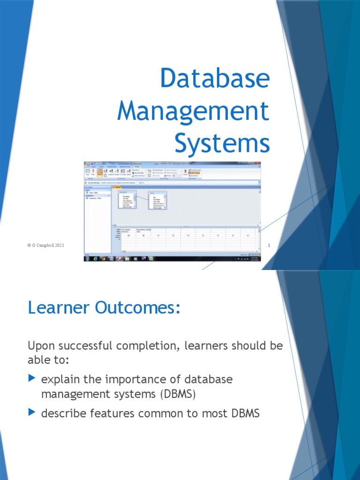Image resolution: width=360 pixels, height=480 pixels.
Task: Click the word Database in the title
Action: coord(215,79)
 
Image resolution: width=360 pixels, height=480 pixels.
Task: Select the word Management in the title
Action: coord(193,111)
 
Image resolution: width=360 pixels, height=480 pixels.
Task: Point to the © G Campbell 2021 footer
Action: coord(46,245)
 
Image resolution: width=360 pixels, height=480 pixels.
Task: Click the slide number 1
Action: coord(269,245)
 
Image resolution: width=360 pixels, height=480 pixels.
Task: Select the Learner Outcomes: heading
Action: coord(104,308)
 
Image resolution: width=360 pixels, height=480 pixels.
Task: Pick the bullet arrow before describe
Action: coord(32,412)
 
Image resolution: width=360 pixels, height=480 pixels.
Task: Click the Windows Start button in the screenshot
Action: coord(87,258)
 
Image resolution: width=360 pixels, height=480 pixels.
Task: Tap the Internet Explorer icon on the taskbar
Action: coord(95,258)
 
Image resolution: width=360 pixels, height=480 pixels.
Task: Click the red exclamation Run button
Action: coord(93,172)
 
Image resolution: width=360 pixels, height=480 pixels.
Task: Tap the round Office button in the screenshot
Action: coord(87,165)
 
